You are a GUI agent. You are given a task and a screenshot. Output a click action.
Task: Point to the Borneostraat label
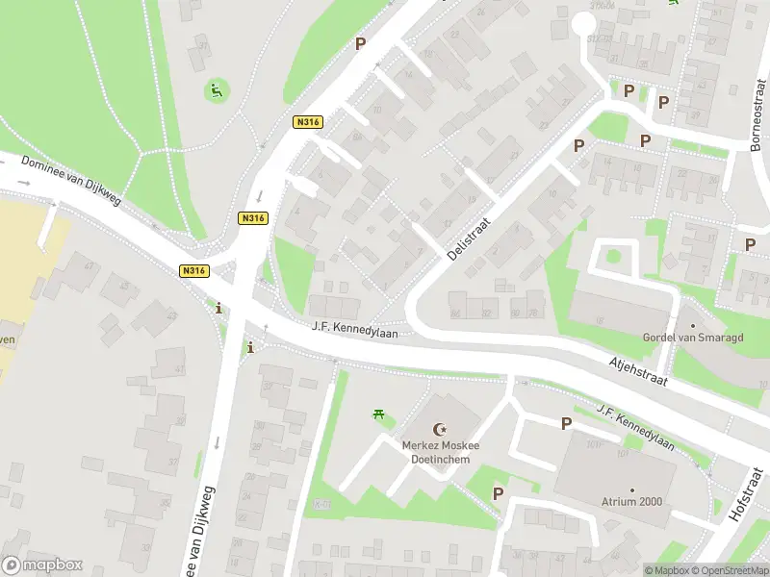tap(757, 121)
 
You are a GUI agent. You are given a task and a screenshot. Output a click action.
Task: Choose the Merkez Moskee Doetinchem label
tap(441, 452)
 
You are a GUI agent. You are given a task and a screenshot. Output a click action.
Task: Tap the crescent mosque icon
tap(441, 428)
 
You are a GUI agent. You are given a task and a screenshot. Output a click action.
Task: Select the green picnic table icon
tap(379, 415)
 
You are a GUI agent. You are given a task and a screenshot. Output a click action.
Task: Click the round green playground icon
tap(216, 91)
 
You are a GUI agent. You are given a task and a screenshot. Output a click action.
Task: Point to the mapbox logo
tap(42, 565)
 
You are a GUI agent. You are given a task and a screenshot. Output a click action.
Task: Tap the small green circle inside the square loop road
tap(613, 257)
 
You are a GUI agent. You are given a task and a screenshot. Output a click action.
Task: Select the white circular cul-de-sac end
tap(584, 26)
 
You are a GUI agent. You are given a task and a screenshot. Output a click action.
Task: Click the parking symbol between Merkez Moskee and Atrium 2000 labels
tap(566, 423)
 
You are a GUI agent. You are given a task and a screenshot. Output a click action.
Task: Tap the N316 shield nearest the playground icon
tap(307, 122)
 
